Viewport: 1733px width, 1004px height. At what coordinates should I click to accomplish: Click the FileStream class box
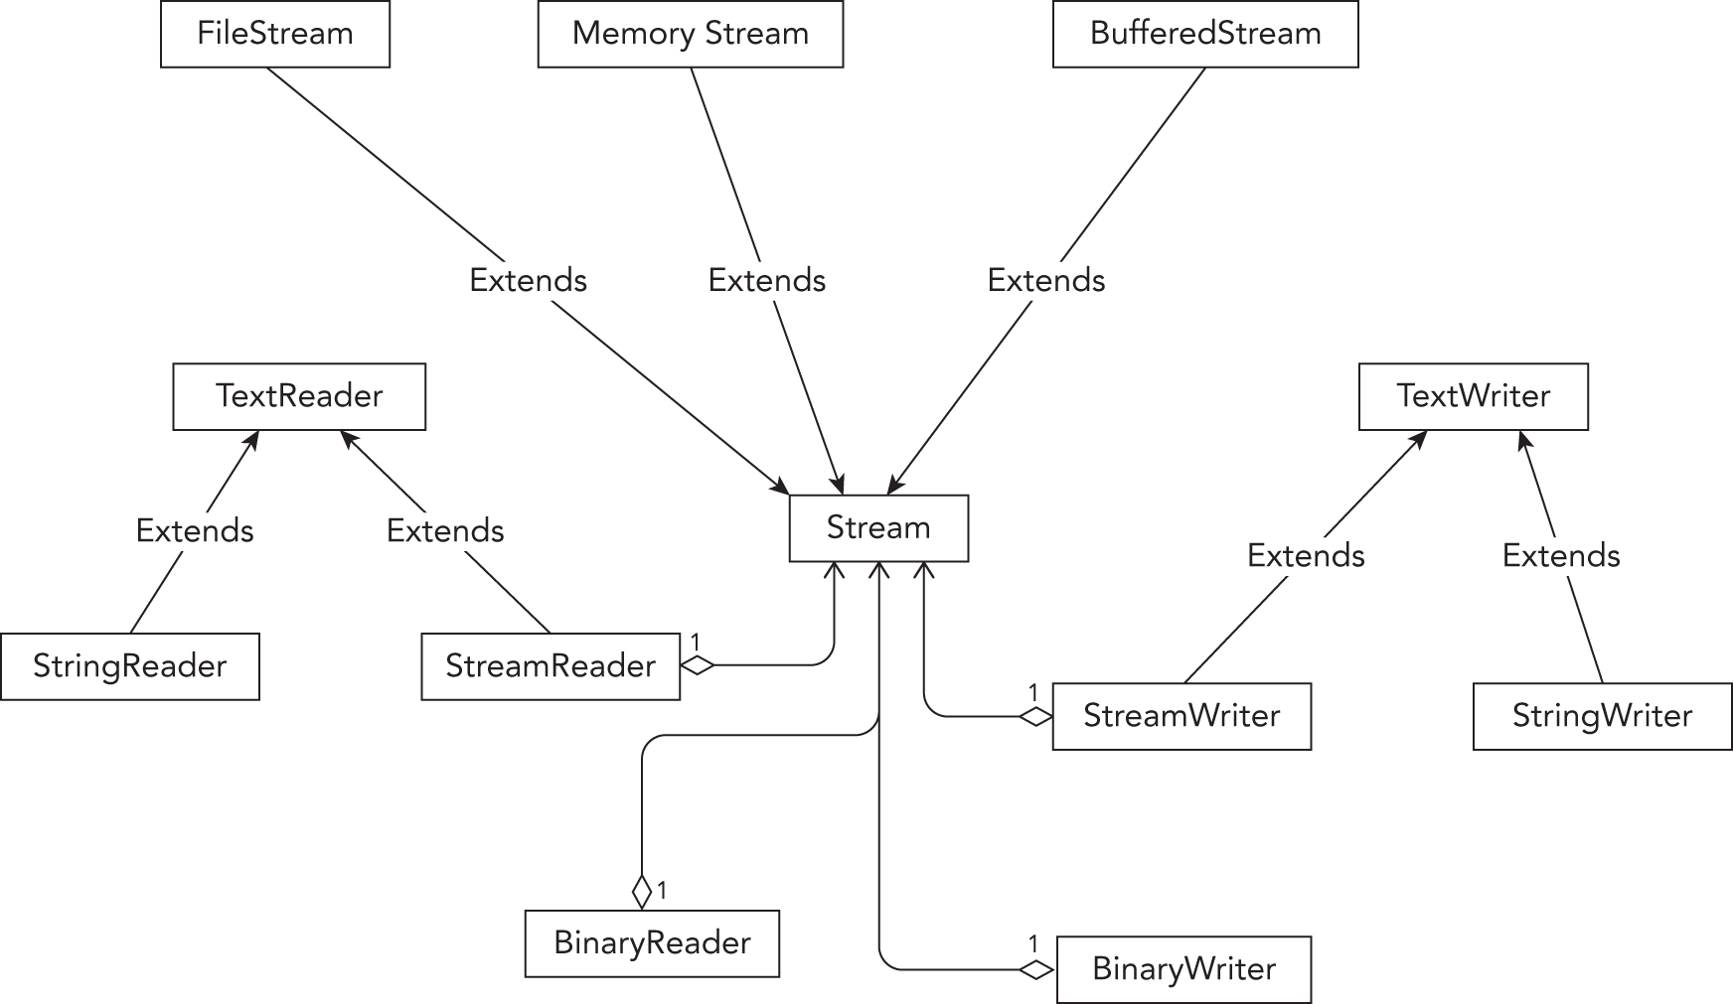click(275, 34)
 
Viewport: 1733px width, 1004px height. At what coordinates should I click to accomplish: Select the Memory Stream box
click(691, 34)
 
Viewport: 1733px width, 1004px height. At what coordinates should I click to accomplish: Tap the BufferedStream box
click(1205, 34)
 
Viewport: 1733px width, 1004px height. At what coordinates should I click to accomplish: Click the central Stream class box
click(878, 528)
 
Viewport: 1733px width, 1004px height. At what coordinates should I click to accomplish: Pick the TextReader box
click(299, 396)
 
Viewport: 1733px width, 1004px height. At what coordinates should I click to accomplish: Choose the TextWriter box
click(1473, 396)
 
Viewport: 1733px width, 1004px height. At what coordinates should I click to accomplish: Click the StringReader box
click(130, 666)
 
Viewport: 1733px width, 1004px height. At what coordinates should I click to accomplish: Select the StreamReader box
click(551, 666)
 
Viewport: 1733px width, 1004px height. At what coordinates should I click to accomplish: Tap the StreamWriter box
click(1182, 716)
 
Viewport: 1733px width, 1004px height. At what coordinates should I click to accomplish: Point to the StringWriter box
click(1602, 716)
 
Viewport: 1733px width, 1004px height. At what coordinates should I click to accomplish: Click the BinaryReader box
click(652, 943)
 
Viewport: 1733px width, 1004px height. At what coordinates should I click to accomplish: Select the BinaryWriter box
click(1183, 969)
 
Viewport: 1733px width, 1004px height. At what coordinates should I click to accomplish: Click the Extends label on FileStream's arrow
click(528, 281)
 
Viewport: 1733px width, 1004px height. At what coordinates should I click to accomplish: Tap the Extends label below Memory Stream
click(766, 281)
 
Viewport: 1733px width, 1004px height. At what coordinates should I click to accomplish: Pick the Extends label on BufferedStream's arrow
click(1045, 281)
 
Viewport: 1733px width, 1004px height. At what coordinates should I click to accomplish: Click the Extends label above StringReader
click(195, 531)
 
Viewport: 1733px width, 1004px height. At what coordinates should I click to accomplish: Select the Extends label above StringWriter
click(1560, 556)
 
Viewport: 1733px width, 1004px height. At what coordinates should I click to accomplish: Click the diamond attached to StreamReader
click(698, 665)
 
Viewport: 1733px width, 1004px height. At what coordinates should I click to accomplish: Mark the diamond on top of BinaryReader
click(642, 891)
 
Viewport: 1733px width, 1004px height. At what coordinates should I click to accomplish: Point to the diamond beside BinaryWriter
click(1036, 970)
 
